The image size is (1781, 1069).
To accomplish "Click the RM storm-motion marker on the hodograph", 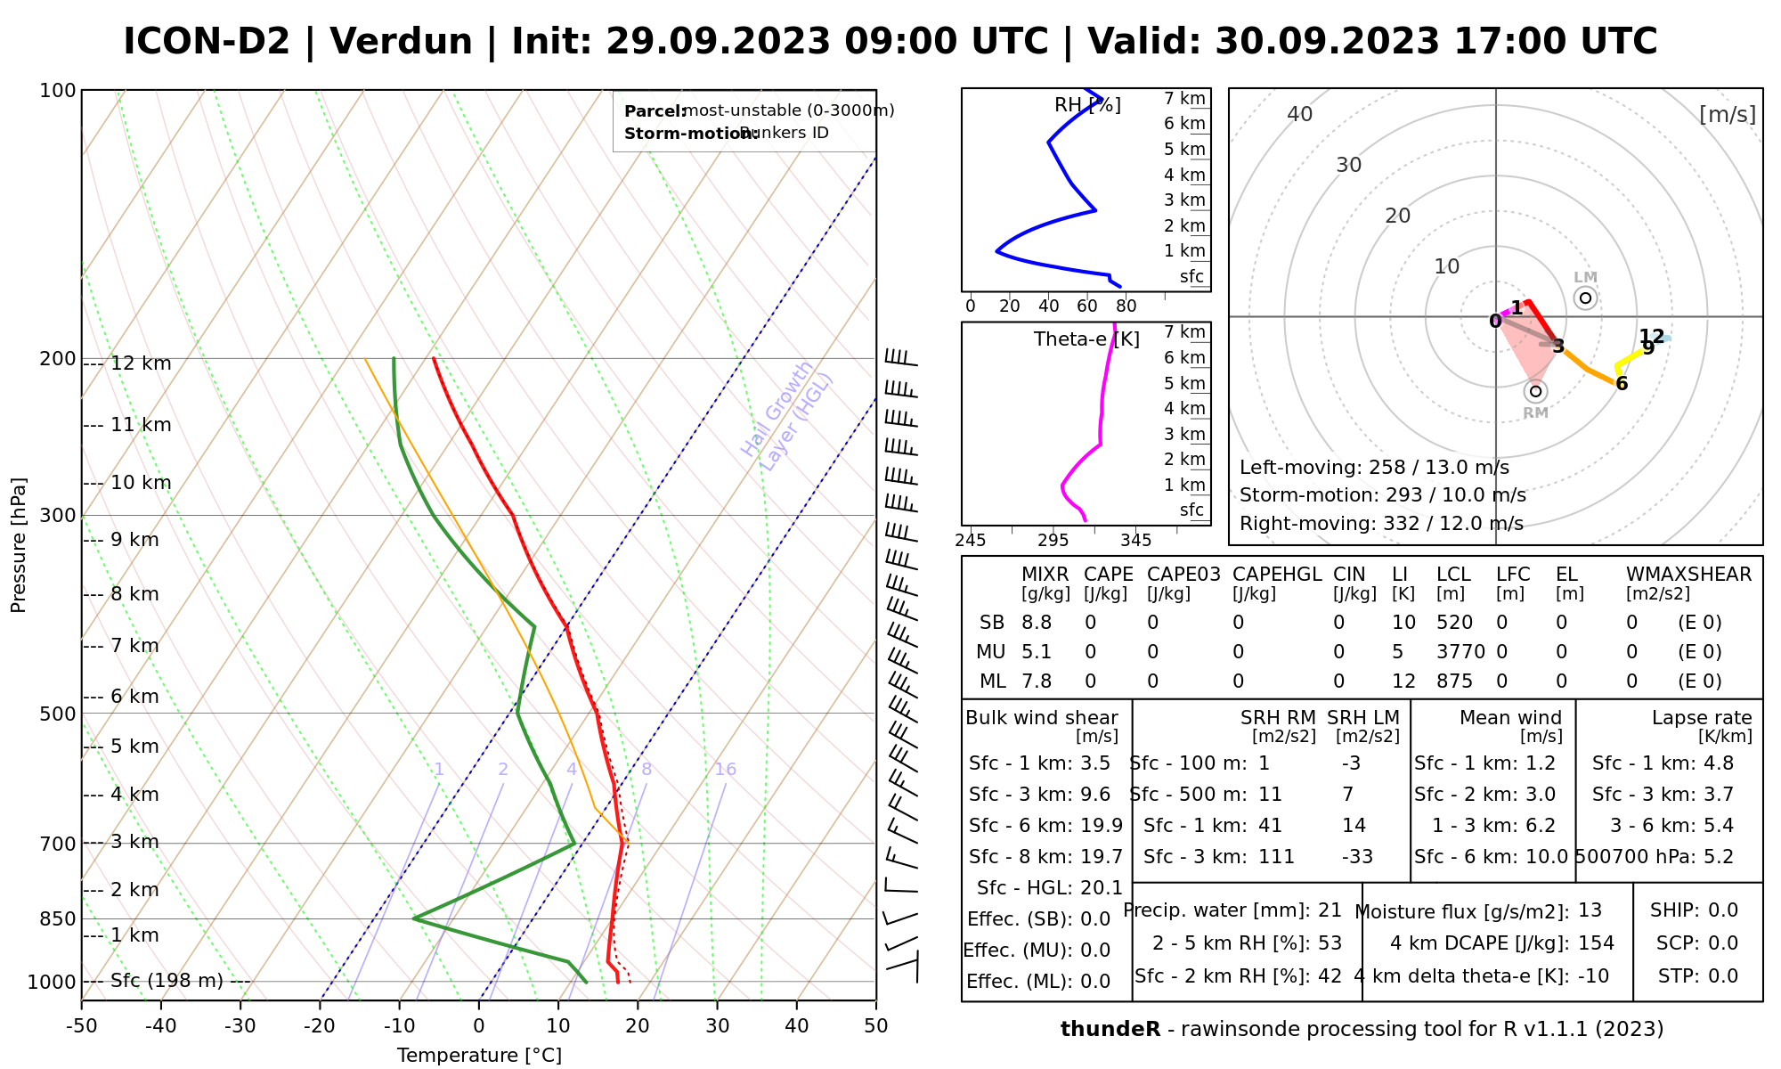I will (x=1535, y=391).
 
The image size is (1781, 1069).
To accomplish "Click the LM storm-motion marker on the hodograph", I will (x=1585, y=298).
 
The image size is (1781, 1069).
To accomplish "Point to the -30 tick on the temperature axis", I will (x=240, y=1026).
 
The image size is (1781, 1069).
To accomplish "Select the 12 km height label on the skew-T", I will (x=141, y=363).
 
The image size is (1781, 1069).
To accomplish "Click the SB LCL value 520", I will (x=1454, y=623).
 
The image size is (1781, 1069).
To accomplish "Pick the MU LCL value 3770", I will (x=1460, y=652).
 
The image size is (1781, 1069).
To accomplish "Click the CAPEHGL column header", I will (x=1277, y=575).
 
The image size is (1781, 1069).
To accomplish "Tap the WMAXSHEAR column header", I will (x=1688, y=575).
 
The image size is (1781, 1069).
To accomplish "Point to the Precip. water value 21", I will (x=1330, y=910).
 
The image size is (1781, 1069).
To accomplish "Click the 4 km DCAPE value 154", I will (x=1596, y=943).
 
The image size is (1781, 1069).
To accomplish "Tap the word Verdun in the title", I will (x=401, y=42).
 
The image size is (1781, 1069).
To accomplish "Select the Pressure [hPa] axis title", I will (x=19, y=545).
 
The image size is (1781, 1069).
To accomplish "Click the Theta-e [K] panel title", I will (x=1086, y=339).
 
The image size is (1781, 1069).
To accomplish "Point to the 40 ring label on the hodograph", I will (x=1300, y=114).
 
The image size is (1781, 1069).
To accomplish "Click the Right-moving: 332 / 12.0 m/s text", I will (x=1381, y=524).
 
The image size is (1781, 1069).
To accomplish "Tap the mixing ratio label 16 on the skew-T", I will (x=725, y=770).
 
